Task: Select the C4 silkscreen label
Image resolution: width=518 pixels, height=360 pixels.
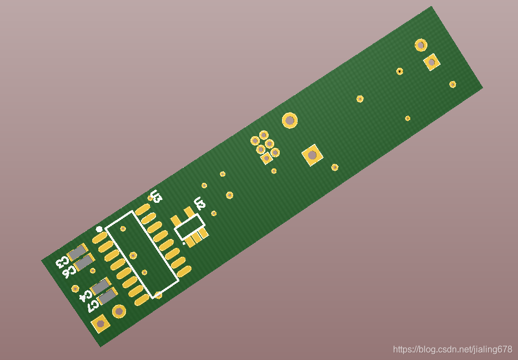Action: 86,296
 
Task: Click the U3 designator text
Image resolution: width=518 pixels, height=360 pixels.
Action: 155,196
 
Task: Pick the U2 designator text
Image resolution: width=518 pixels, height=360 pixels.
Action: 200,203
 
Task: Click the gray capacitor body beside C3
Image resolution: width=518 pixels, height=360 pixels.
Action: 78,253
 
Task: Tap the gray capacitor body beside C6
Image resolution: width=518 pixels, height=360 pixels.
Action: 84,262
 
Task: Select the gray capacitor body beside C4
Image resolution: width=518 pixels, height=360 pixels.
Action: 100,286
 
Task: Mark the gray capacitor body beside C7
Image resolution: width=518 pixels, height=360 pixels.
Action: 107,297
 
